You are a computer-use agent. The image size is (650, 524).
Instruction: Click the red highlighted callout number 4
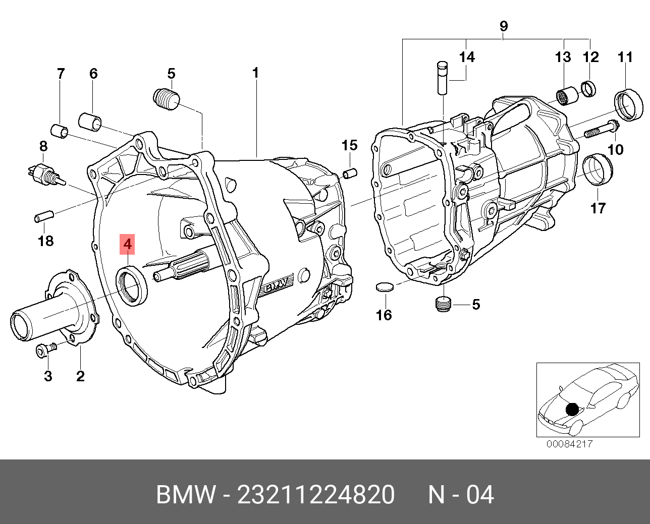(x=128, y=245)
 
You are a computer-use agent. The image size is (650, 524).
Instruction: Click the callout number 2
(x=80, y=376)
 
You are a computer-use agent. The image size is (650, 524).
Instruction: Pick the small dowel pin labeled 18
(x=43, y=217)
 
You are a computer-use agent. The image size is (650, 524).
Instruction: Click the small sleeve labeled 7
(x=60, y=131)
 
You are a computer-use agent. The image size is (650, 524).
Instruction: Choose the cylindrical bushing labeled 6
(x=90, y=122)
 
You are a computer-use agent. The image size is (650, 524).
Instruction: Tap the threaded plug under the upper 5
(x=166, y=98)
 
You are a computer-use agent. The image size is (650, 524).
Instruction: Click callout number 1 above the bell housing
(x=255, y=73)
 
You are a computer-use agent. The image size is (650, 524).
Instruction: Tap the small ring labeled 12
(x=588, y=89)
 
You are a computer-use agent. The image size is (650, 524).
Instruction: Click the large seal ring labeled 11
(x=629, y=105)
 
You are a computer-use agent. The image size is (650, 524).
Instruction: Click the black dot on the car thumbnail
(x=572, y=409)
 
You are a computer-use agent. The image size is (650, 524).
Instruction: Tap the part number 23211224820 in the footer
(x=315, y=495)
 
